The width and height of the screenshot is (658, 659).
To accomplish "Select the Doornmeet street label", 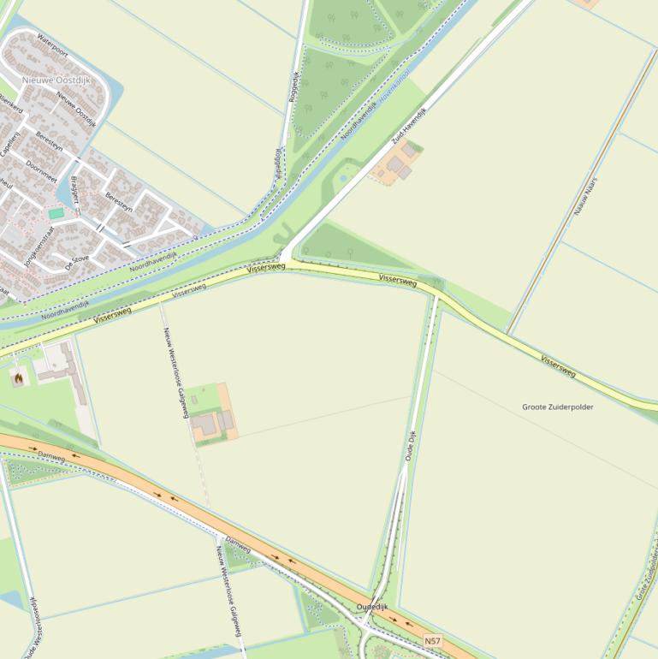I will point(41,171).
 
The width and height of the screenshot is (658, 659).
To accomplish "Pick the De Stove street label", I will point(77,262).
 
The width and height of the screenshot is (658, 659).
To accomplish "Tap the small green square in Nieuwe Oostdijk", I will point(56,213).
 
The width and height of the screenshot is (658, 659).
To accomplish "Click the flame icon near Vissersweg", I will point(17,376).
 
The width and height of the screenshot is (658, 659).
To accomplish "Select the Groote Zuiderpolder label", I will point(557,407).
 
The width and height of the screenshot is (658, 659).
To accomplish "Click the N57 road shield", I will point(434,640).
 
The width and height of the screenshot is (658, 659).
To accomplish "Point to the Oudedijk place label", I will point(373,607).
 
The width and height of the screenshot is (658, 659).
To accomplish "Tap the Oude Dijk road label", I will point(412,447).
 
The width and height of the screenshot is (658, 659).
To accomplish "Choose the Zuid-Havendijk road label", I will point(409,125).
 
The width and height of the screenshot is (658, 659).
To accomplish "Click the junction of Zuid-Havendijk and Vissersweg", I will point(285,260).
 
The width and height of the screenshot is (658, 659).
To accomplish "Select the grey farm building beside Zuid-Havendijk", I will point(398,164).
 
